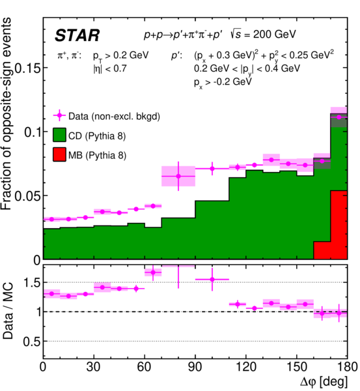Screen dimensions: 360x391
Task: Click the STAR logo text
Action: pyautogui.click(x=77, y=35)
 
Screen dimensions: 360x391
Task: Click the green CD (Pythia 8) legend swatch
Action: pyautogui.click(x=59, y=135)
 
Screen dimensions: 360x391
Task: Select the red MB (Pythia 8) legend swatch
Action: pyautogui.click(x=59, y=154)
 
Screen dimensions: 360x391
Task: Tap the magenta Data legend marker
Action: pyautogui.click(x=59, y=115)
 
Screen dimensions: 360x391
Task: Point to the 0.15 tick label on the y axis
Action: pyautogui.click(x=27, y=68)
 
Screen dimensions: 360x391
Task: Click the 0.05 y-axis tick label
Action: pyautogui.click(x=27, y=196)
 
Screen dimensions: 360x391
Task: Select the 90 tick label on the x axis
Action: pyautogui.click(x=195, y=367)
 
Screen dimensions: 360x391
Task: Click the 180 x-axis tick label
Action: pyautogui.click(x=346, y=367)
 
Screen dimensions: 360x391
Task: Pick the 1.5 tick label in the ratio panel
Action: pyautogui.click(x=32, y=283)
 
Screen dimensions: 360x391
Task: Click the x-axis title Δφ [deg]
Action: pyautogui.click(x=324, y=382)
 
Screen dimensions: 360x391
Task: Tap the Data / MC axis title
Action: pyautogui.click(x=8, y=311)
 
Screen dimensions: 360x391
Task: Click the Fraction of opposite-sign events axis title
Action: pyautogui.click(x=7, y=113)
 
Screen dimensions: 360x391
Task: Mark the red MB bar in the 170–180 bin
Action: pyautogui.click(x=339, y=225)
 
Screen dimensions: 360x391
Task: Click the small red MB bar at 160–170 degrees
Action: pyautogui.click(x=322, y=250)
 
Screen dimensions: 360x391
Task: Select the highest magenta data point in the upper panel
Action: pyautogui.click(x=339, y=117)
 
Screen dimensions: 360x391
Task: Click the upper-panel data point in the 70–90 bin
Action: pyautogui.click(x=178, y=176)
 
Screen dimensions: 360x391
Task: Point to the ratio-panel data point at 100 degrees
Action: pyautogui.click(x=212, y=280)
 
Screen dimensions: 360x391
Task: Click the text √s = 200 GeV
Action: pyautogui.click(x=264, y=34)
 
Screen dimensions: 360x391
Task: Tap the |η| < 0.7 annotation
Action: pyautogui.click(x=110, y=68)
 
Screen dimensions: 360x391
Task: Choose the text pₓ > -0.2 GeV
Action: pyautogui.click(x=223, y=83)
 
